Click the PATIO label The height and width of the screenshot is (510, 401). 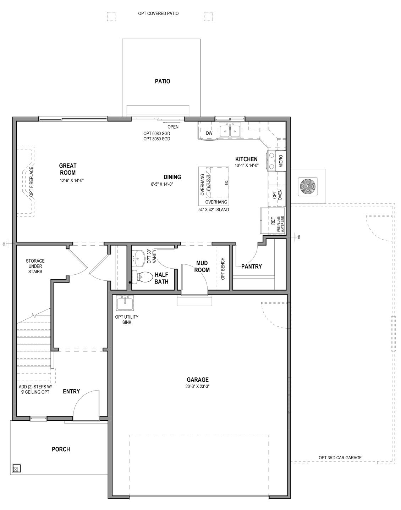162,81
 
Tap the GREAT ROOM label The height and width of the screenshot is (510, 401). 68,169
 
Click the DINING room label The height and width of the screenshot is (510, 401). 172,177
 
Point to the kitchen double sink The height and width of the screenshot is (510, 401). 230,131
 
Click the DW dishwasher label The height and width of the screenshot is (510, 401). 209,133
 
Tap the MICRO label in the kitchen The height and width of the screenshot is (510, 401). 281,161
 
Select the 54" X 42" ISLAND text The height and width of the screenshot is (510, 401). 214,209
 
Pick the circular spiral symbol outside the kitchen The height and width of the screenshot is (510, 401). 307,186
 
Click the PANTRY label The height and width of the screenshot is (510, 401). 251,266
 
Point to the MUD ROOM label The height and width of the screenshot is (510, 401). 203,267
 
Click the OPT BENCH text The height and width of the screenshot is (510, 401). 223,269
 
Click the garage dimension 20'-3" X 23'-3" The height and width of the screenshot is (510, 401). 197,387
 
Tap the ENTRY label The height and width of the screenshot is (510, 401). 71,391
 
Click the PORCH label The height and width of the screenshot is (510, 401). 61,449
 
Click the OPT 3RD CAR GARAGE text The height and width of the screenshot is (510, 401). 340,458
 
